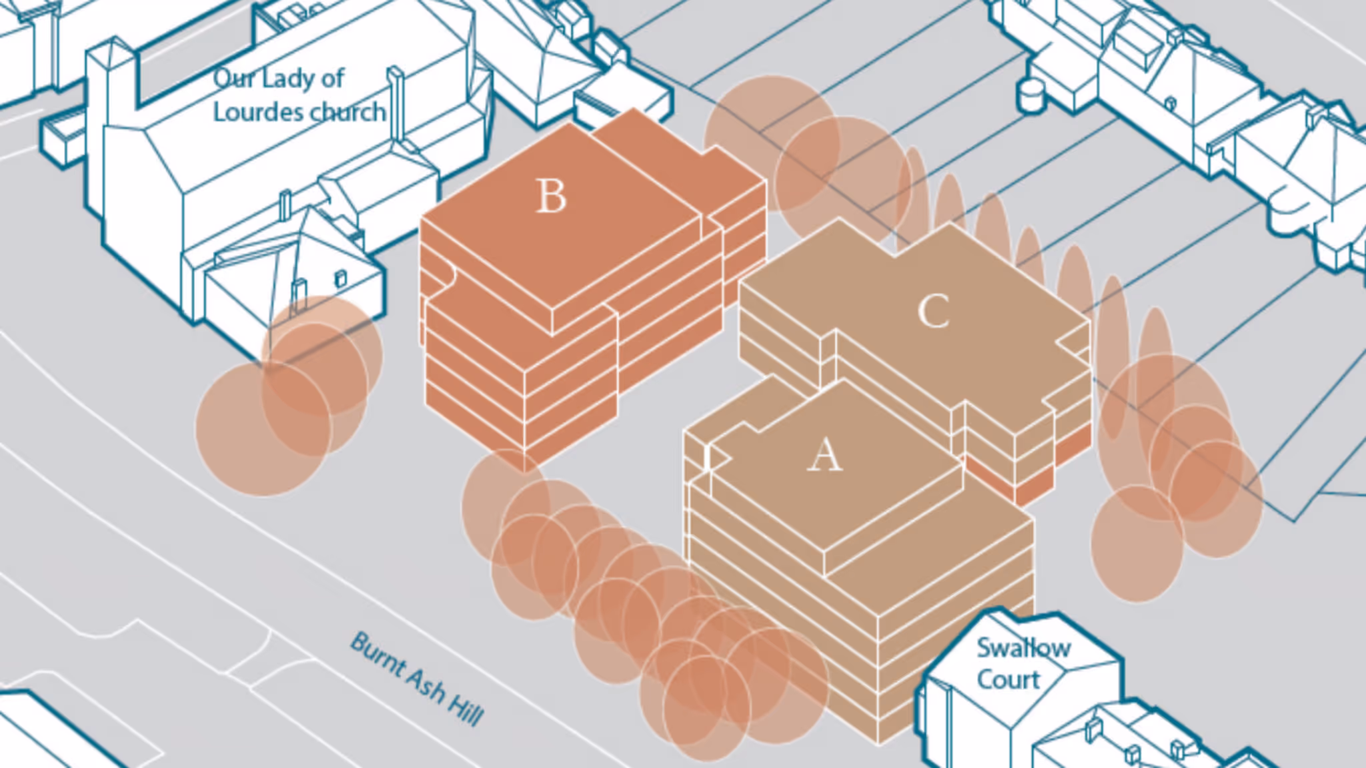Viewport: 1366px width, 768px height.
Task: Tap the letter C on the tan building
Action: point(934,311)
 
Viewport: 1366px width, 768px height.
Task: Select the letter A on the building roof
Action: point(825,454)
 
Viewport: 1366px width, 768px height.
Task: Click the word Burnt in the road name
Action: point(378,654)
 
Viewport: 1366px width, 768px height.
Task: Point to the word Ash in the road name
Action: point(427,684)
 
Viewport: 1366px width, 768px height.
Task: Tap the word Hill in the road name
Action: point(466,709)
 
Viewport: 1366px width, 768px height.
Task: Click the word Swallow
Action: point(1024,648)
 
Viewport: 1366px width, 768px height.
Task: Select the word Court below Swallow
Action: point(1008,679)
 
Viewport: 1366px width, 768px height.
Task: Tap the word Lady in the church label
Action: point(287,79)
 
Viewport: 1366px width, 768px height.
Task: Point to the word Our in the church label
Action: point(233,79)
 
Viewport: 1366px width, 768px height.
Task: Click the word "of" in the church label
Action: point(332,78)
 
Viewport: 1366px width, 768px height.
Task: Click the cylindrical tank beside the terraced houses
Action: point(1031,96)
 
